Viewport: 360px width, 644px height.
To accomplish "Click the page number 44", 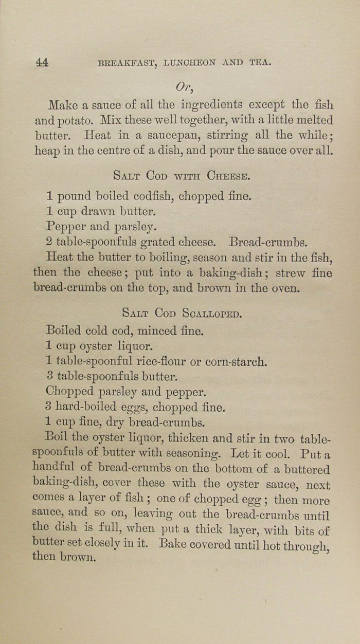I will pos(42,63).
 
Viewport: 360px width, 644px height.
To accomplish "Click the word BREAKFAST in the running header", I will pos(129,63).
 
